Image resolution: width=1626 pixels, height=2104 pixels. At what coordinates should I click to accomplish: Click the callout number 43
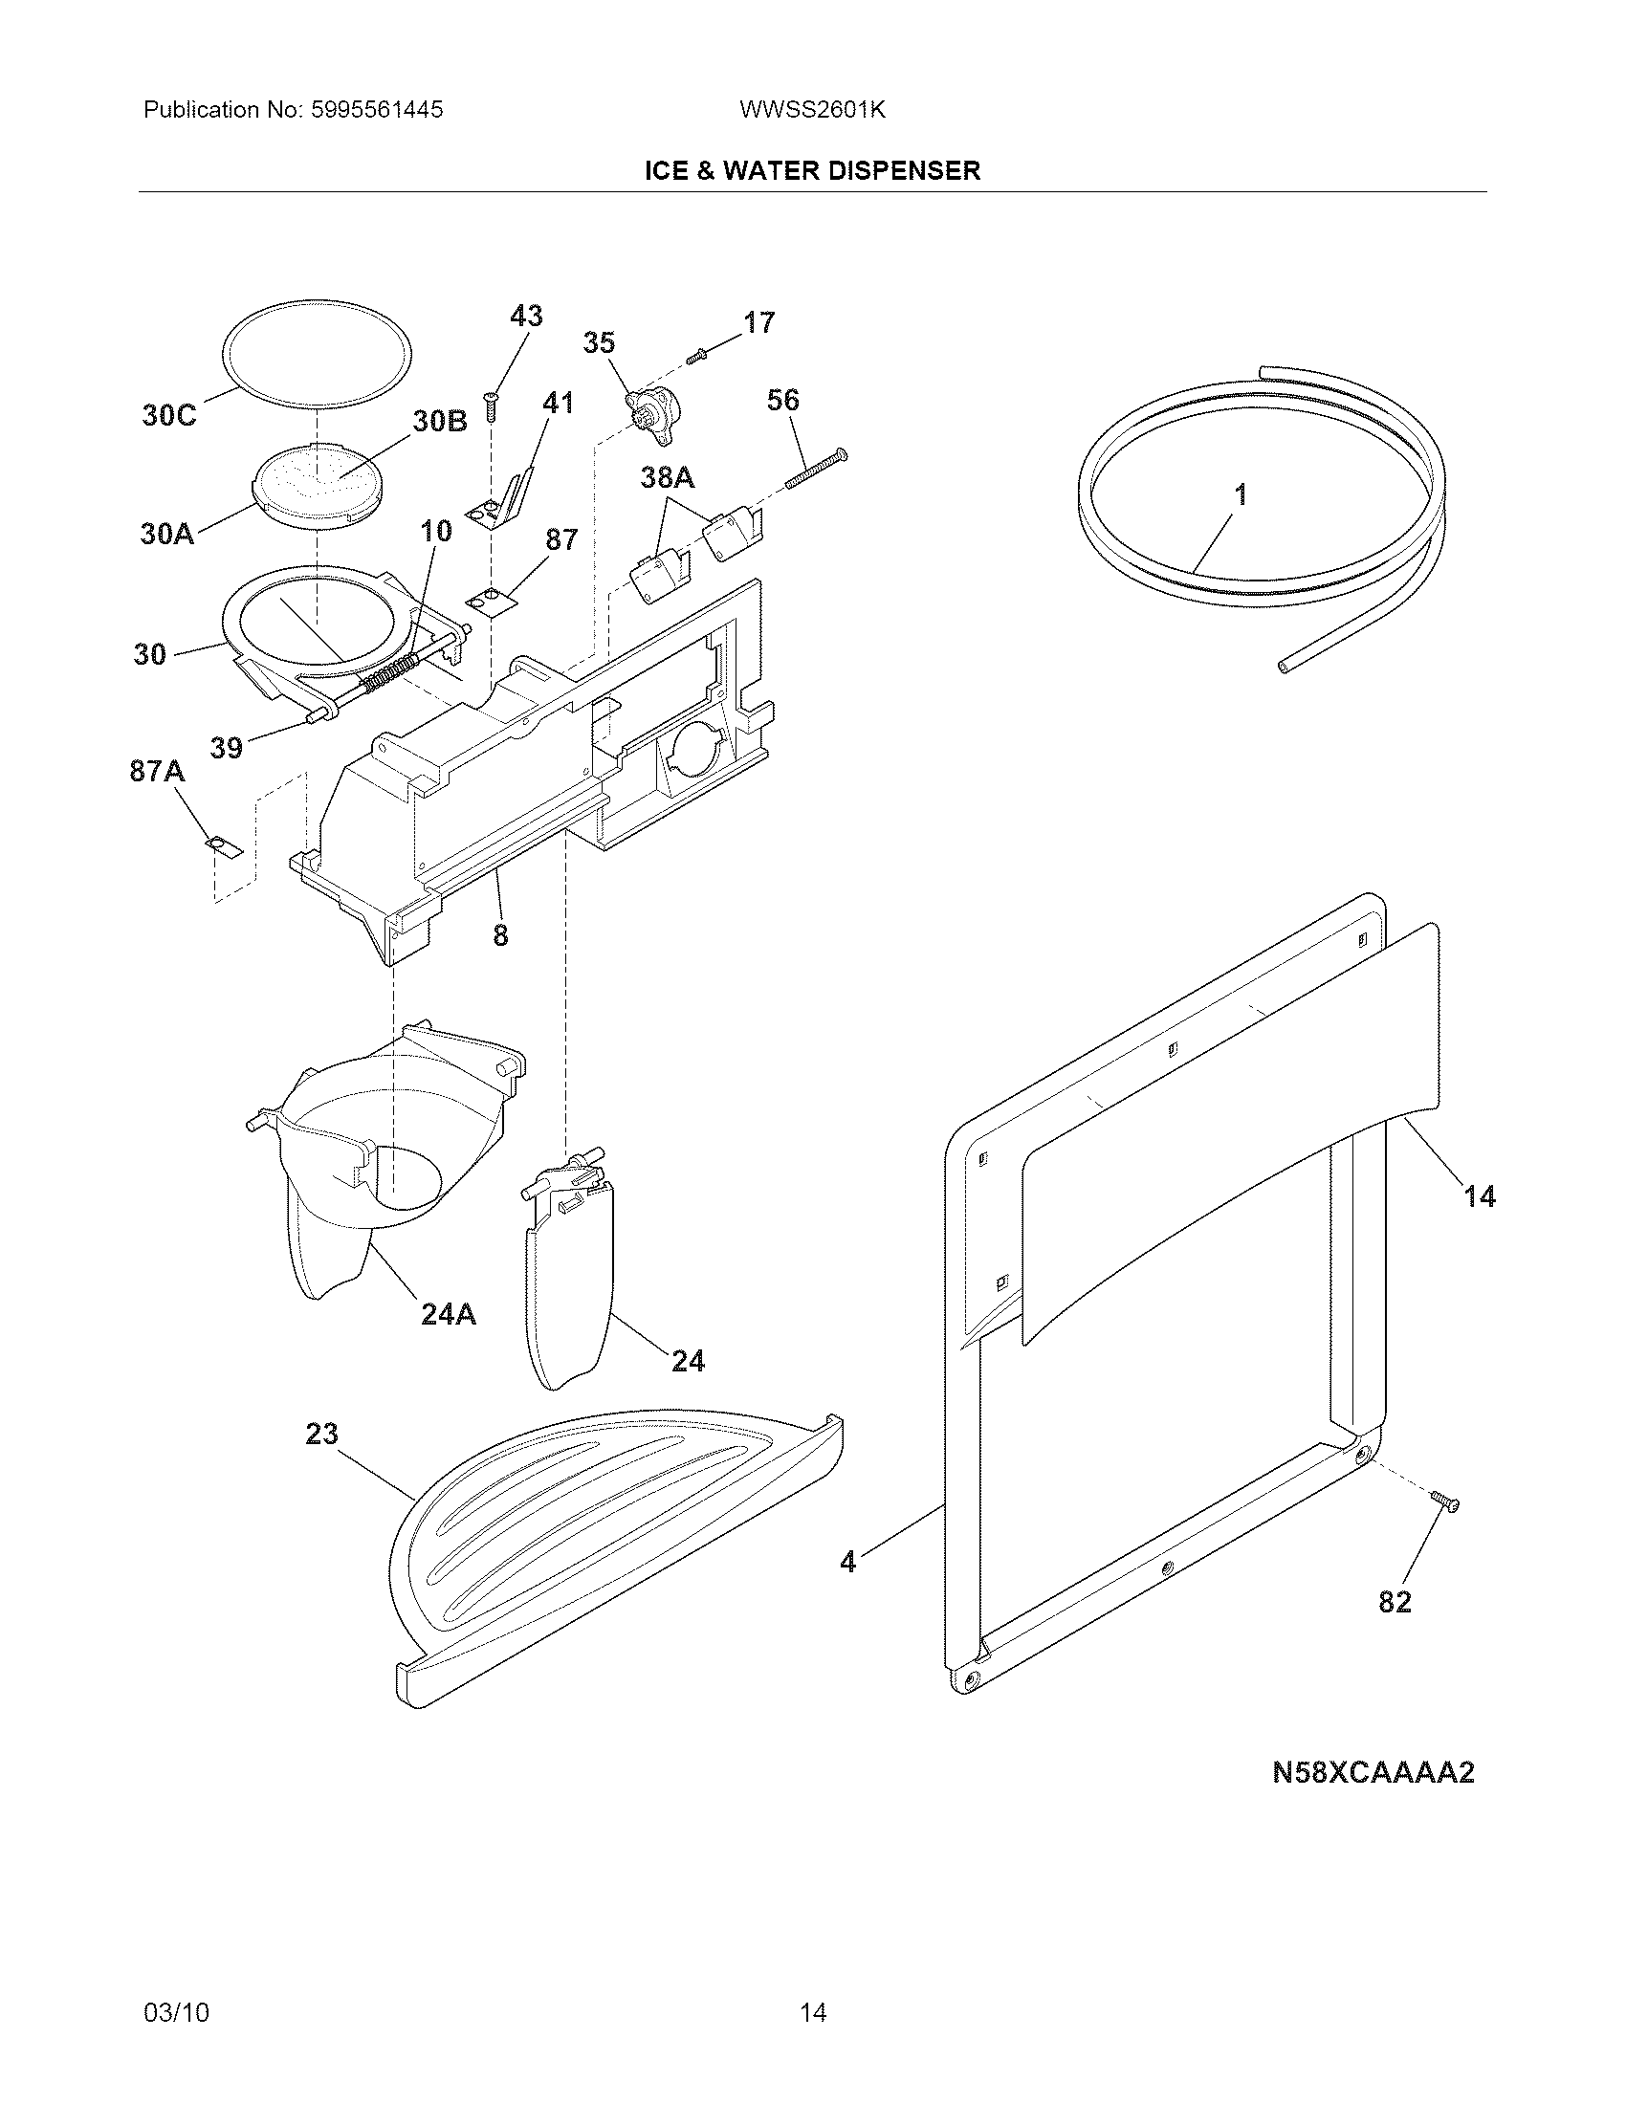(x=526, y=316)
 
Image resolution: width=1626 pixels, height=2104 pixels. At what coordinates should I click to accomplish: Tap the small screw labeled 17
(x=697, y=359)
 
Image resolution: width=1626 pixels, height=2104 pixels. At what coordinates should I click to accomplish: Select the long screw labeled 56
(x=815, y=470)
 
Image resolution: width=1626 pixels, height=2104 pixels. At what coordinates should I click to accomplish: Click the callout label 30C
(x=168, y=415)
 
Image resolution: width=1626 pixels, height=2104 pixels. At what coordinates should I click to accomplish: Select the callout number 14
(x=1480, y=1196)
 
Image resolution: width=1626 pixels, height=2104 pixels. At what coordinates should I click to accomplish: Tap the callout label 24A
(x=448, y=1313)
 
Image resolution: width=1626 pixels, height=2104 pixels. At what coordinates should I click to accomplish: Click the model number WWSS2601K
(x=812, y=110)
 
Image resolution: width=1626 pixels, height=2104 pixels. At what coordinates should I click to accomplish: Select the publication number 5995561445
(x=378, y=110)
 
